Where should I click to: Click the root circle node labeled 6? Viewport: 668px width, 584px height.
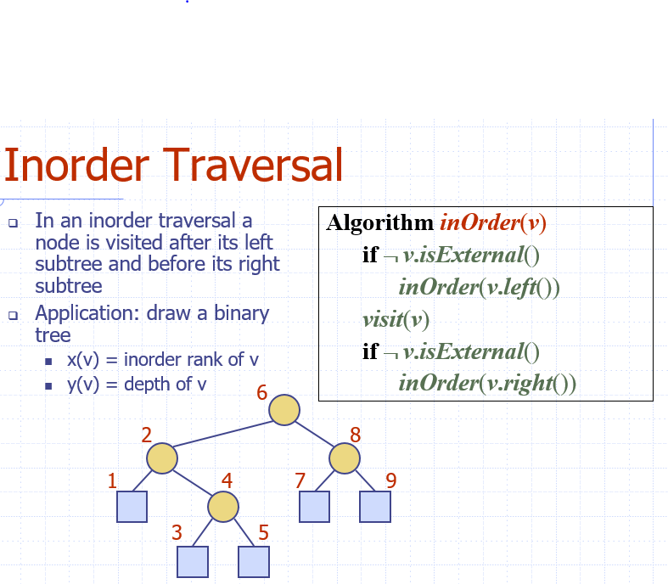284,410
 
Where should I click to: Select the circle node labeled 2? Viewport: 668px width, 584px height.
162,458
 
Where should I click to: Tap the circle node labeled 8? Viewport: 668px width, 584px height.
344,458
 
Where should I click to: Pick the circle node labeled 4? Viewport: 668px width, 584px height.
223,507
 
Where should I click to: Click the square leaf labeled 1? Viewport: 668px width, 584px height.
132,507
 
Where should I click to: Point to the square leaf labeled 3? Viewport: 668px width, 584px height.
193,561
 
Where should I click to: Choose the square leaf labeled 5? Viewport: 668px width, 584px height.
254,561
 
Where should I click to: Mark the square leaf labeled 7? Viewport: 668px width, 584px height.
314,507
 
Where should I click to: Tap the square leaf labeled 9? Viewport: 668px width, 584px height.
374,507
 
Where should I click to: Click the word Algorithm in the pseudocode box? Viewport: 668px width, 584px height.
379,223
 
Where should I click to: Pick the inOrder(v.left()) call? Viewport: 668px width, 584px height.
479,287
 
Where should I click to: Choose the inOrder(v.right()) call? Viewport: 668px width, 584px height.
487,384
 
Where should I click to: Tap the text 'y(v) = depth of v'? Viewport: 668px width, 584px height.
136,384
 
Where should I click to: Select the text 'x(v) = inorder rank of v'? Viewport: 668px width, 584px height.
162,360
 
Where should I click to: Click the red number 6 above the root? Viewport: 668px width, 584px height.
261,393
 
